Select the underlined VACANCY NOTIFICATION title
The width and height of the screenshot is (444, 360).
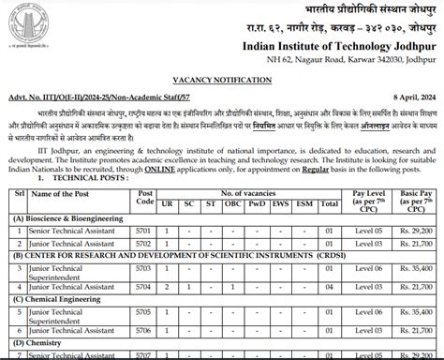(221, 82)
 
